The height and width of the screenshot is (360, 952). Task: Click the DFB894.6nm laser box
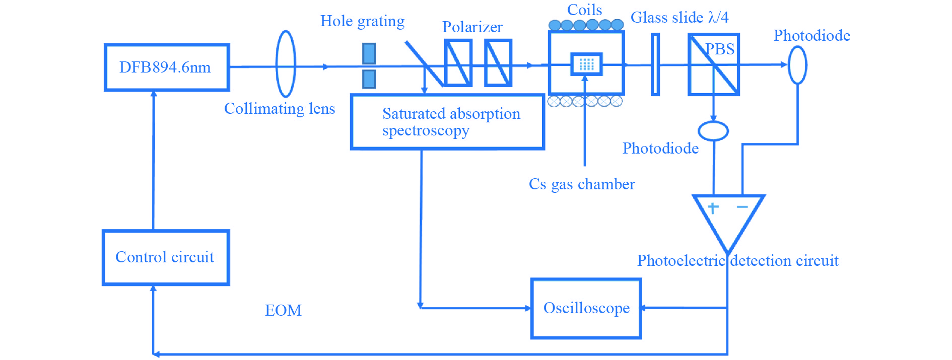(167, 67)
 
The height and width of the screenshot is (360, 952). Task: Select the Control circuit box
(166, 257)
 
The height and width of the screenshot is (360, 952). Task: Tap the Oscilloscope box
(586, 308)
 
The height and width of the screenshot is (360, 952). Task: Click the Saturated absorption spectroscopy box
(447, 122)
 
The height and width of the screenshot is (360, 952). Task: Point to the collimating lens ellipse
(286, 64)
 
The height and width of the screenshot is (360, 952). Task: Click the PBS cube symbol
(713, 64)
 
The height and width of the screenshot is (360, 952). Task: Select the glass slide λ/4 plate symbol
(655, 64)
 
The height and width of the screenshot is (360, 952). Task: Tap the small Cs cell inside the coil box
(586, 64)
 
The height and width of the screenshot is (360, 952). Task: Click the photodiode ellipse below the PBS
(713, 131)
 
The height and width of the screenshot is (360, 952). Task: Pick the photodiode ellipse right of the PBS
(797, 65)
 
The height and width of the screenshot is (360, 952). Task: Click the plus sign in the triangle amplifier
(713, 207)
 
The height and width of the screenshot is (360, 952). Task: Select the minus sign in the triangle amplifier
(742, 207)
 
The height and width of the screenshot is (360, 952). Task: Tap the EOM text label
(283, 310)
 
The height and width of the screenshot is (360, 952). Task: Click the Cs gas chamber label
(582, 184)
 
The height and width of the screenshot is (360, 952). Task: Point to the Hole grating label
(362, 21)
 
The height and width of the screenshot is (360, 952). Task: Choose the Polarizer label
(472, 27)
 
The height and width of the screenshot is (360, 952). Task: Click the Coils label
(584, 10)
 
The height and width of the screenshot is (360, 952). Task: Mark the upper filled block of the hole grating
(369, 53)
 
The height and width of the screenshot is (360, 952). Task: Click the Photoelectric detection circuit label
(737, 261)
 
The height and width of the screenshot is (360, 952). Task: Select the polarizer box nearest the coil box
(498, 63)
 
